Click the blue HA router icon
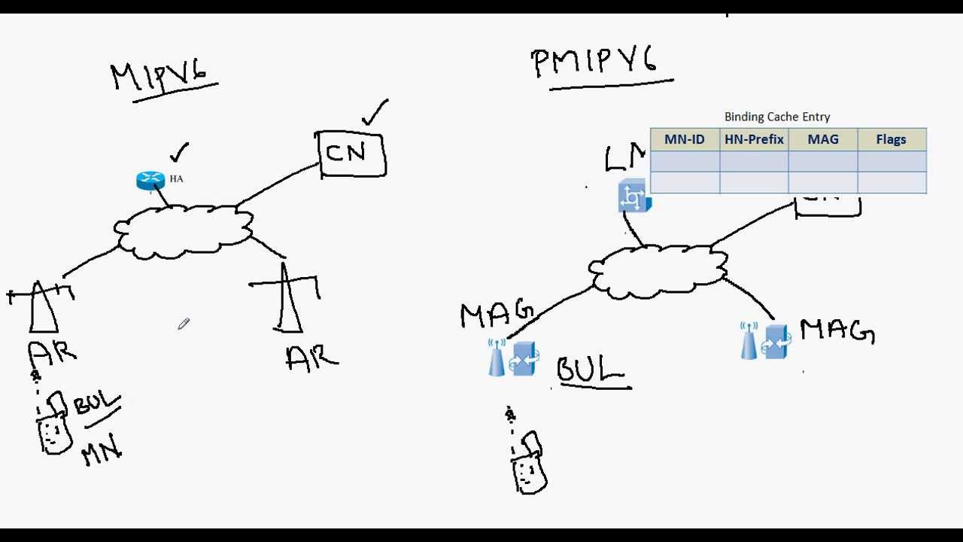150,181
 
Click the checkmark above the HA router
179,153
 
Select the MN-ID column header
685,139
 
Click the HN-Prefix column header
754,139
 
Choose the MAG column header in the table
823,139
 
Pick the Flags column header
892,139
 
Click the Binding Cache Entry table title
777,117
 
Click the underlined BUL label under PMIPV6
591,370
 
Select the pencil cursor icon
184,324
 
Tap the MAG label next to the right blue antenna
837,332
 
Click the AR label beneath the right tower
312,358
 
